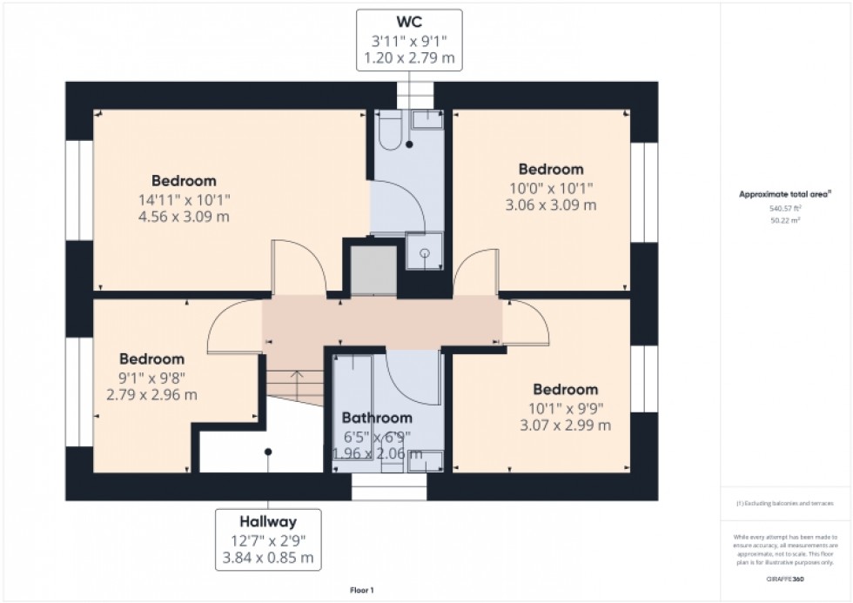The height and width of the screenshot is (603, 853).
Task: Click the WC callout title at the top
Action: point(408,21)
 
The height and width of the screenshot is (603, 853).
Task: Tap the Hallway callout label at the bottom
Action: point(268,522)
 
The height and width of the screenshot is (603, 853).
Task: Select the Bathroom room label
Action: point(377,418)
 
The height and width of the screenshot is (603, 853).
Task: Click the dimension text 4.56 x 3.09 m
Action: point(184,217)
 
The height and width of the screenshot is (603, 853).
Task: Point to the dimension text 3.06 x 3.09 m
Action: point(551,205)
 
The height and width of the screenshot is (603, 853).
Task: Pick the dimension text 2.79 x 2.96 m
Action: point(151,395)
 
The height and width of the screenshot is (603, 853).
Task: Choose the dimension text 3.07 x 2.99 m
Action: point(565,425)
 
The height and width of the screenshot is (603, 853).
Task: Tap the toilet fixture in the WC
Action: point(388,130)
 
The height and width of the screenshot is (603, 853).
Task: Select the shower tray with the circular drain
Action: point(424,252)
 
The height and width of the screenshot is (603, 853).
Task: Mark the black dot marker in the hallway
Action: point(268,452)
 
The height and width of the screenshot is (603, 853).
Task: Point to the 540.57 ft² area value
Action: point(784,209)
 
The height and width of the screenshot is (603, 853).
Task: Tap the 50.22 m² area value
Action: point(785,221)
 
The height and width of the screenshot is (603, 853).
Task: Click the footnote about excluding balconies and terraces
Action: point(784,504)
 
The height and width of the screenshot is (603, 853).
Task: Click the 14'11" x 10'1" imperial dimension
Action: point(184,199)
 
